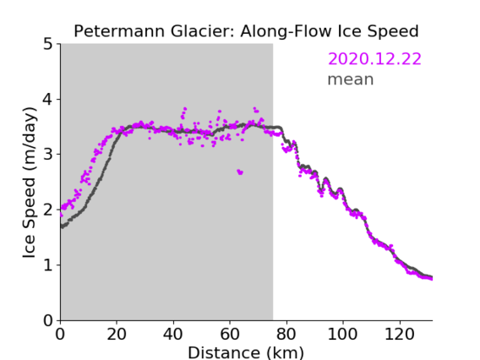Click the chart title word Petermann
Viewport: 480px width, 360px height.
(120, 31)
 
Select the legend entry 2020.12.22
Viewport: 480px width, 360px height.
(374, 59)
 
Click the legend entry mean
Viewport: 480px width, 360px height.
(351, 79)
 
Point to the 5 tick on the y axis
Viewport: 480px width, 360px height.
(48, 44)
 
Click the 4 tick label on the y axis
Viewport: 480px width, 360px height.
(48, 100)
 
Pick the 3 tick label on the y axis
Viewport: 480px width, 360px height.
(48, 155)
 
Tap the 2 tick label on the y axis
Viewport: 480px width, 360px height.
(48, 210)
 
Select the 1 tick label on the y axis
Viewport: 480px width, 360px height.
(48, 265)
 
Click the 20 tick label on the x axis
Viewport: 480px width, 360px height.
(117, 334)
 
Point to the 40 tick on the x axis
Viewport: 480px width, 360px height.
(173, 334)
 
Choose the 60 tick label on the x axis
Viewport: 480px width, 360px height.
(230, 334)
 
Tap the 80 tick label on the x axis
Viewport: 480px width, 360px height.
(286, 334)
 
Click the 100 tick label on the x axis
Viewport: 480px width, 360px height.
(342, 334)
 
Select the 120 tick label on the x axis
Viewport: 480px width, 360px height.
(399, 334)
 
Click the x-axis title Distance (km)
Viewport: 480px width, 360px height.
(246, 352)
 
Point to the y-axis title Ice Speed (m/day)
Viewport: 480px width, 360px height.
(30, 183)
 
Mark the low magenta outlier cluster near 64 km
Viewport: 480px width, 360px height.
(240, 172)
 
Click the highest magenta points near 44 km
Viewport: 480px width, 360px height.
(184, 112)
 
